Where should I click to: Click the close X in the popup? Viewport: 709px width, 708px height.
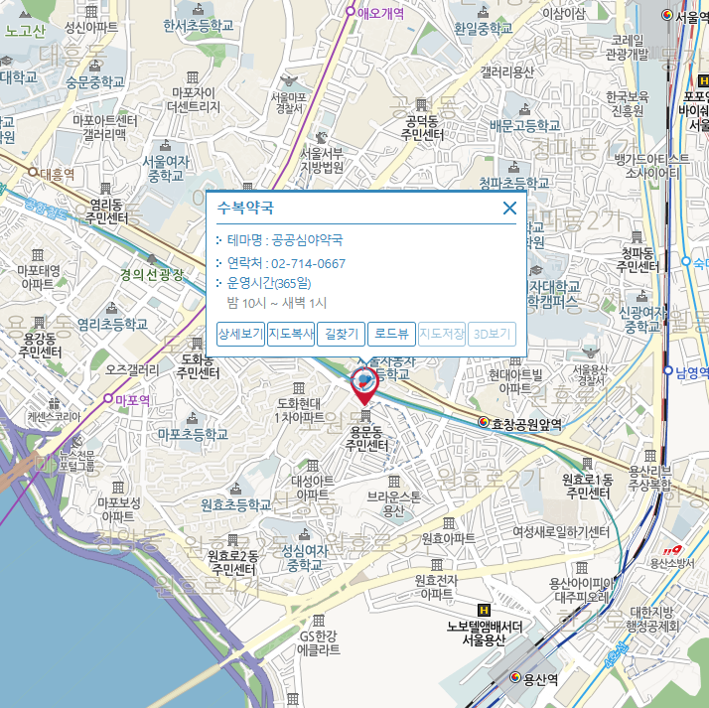click(x=509, y=208)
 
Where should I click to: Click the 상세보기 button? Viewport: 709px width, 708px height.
click(x=240, y=335)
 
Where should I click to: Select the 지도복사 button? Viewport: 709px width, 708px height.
click(x=291, y=335)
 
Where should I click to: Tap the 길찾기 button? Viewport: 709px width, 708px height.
click(x=342, y=335)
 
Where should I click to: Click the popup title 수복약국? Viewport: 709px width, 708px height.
click(x=245, y=209)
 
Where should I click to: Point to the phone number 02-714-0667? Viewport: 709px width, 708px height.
click(x=308, y=263)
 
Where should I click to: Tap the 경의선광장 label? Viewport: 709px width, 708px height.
click(x=152, y=275)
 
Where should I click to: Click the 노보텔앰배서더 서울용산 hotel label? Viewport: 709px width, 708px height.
click(x=485, y=632)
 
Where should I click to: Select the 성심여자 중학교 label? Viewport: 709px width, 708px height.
click(x=306, y=556)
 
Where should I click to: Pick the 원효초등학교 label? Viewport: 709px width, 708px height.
click(x=235, y=504)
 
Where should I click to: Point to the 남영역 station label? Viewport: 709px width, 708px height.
click(x=692, y=373)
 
